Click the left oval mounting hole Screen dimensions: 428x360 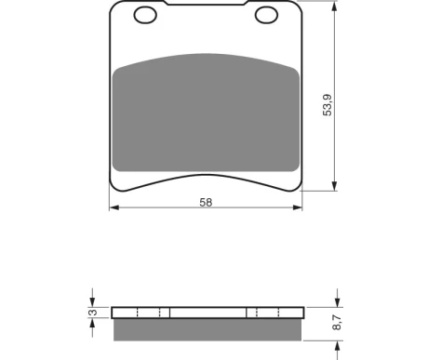point(145,15)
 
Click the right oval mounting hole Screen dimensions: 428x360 point(266,15)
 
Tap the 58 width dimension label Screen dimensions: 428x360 point(206,202)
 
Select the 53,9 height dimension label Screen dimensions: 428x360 point(328,105)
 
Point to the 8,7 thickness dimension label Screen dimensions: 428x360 point(337,322)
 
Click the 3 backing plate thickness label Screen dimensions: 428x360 point(93,313)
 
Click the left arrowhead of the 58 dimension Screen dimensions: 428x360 point(114,207)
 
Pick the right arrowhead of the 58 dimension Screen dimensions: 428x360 point(298,207)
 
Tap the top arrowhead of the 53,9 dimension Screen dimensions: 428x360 point(334,7)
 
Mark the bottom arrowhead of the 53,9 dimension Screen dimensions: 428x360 point(334,186)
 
